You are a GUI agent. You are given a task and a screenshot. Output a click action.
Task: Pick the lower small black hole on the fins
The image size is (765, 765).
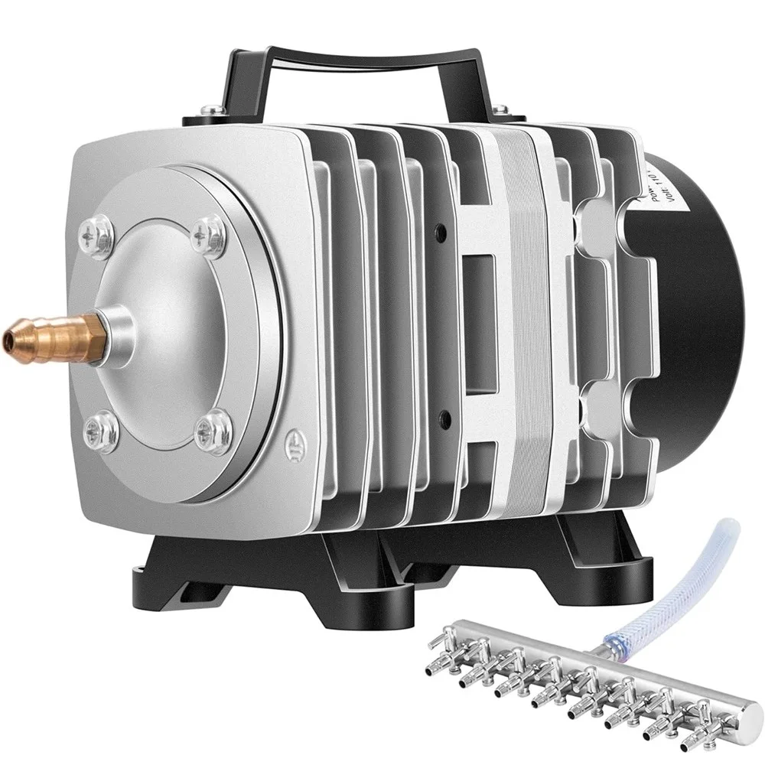point(443,418)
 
